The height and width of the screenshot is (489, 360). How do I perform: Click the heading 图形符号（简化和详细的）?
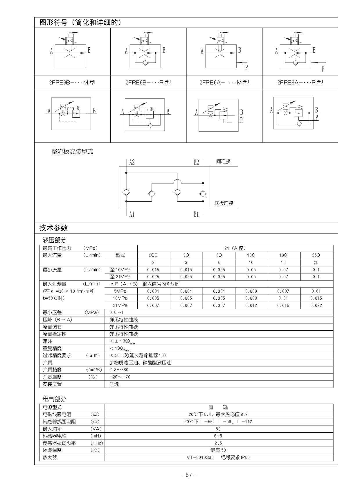tap(80, 22)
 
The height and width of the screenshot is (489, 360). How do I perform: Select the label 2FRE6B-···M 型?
tap(72, 83)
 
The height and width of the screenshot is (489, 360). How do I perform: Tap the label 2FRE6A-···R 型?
tap(300, 83)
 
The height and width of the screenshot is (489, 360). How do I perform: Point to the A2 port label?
tap(132, 162)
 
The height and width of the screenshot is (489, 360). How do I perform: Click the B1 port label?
tap(196, 214)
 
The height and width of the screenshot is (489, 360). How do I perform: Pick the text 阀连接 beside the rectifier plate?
tap(223, 162)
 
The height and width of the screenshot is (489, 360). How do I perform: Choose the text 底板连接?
tap(224, 203)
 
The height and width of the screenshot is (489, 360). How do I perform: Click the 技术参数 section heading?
tap(54, 228)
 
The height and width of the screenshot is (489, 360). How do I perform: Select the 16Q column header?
tap(283, 255)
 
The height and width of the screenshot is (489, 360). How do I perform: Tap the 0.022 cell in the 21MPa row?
tap(316, 305)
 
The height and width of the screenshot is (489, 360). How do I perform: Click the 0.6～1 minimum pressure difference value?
tap(116, 313)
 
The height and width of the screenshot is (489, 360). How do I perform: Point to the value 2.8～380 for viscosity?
tap(119, 370)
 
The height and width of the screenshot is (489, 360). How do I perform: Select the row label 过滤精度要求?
tap(57, 356)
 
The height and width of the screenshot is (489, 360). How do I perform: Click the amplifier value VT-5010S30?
tap(200, 457)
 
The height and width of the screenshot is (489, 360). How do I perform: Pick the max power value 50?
tap(218, 429)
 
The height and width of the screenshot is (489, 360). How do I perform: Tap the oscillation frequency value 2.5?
tap(218, 443)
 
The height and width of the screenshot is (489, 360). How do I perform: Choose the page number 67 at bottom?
tap(189, 475)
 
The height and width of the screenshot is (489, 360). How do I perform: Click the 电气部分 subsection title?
tap(55, 399)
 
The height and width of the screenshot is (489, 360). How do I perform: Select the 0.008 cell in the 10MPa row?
tap(251, 298)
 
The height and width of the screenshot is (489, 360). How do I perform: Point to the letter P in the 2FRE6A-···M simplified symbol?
tap(246, 68)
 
